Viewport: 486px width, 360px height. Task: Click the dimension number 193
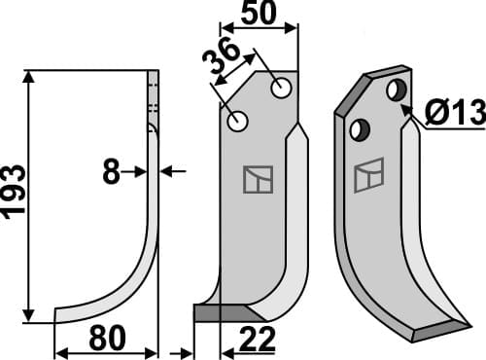click(14, 190)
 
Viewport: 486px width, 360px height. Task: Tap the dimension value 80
click(107, 339)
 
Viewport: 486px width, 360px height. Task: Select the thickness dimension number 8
click(111, 172)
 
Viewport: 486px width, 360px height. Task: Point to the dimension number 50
click(260, 13)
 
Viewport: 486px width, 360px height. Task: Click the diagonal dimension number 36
click(221, 55)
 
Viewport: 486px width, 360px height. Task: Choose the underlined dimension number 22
click(258, 339)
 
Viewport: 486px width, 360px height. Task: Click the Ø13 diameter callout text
click(454, 113)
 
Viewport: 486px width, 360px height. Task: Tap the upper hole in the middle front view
click(281, 88)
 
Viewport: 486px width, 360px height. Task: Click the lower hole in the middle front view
click(237, 121)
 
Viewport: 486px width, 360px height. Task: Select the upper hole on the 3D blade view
click(397, 90)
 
